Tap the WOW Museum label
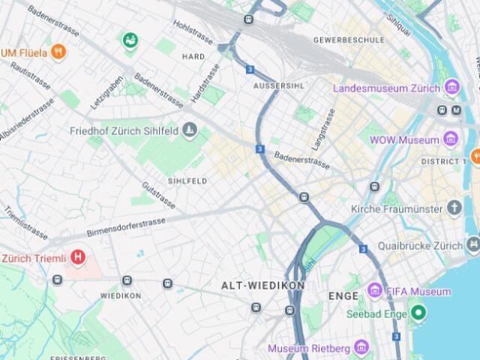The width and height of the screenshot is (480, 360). click(408, 140)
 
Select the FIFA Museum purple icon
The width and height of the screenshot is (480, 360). click(374, 291)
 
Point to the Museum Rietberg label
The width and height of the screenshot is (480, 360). click(308, 348)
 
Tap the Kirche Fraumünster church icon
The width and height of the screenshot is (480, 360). click(454, 208)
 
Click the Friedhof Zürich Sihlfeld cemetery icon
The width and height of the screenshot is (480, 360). click(189, 131)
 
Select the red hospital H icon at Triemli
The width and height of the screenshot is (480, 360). click(78, 258)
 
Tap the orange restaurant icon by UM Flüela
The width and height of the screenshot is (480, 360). click(59, 52)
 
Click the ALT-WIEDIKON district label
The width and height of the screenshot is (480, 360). click(262, 286)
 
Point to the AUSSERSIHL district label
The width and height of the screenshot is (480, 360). click(279, 85)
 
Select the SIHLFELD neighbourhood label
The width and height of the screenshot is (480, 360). click(187, 181)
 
